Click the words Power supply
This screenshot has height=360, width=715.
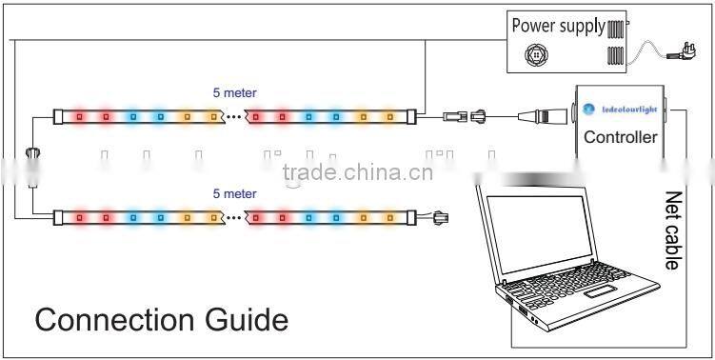point(558,26)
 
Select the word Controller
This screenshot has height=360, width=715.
point(621,137)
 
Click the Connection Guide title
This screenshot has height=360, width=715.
point(161,319)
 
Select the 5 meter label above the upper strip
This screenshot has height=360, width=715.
point(234,92)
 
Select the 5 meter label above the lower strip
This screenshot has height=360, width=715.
point(234,193)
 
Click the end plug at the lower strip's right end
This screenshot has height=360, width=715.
point(440,217)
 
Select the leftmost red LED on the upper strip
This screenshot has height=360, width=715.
point(79,117)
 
